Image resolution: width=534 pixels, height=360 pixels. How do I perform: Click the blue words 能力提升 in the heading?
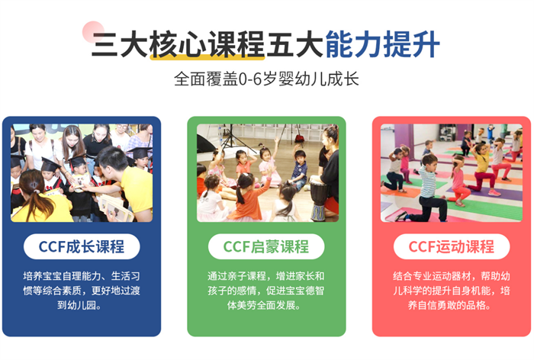click(382, 44)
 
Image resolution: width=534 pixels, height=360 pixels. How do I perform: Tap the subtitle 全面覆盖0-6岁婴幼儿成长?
click(267, 79)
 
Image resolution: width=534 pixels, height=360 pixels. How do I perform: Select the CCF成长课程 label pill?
click(82, 246)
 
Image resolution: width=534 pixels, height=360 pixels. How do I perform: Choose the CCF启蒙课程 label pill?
click(266, 246)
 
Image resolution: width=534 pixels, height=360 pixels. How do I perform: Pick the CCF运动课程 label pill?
click(452, 246)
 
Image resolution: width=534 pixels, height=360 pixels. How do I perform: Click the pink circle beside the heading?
click(93, 32)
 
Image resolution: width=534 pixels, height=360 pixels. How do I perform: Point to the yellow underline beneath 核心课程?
click(207, 57)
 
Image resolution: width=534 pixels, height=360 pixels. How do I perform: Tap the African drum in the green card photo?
click(319, 201)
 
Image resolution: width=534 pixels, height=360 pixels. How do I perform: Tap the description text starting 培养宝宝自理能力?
click(82, 290)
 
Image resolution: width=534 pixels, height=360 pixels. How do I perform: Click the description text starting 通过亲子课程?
click(266, 290)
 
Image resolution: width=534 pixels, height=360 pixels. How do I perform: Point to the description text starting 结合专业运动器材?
click(452, 290)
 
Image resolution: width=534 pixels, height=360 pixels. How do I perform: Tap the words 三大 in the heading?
click(120, 44)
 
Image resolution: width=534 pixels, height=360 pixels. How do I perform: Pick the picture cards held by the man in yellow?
click(114, 207)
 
